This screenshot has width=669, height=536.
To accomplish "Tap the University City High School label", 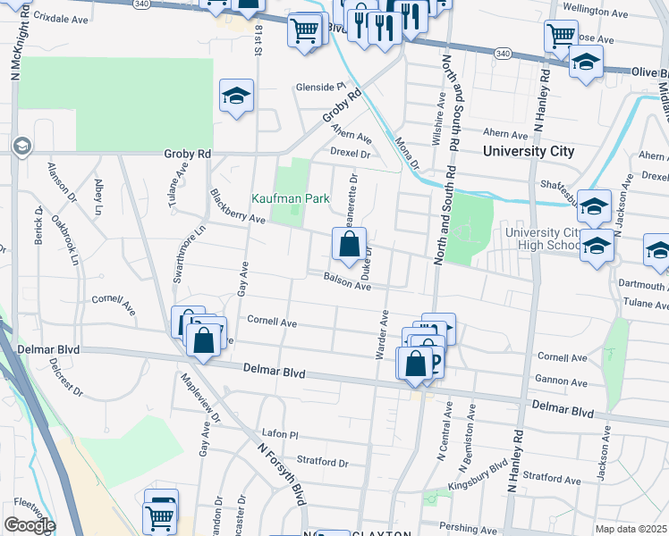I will click(543, 239).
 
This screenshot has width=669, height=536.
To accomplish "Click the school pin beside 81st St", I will click(237, 96).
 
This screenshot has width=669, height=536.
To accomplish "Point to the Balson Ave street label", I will click(347, 281).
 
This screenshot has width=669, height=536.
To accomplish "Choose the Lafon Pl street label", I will click(278, 433).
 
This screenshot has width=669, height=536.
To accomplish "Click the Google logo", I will click(29, 525).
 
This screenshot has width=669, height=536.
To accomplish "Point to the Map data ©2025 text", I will click(631, 529).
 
